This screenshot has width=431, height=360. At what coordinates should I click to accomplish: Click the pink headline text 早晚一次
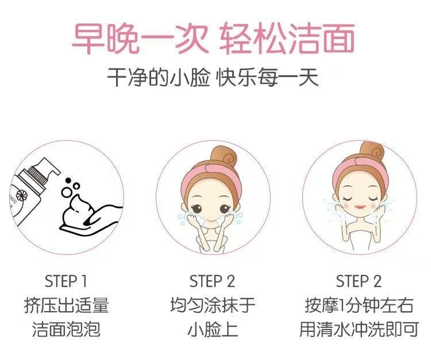[x=135, y=38]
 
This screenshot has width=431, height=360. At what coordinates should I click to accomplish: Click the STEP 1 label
[x=66, y=281]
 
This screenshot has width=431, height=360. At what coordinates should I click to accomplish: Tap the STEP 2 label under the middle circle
[x=213, y=281]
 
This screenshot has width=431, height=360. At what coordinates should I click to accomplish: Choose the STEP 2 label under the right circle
[x=359, y=281]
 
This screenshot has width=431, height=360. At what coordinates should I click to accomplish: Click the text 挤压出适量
[x=66, y=305]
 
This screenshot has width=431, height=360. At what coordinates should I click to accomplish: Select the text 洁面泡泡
[x=66, y=330]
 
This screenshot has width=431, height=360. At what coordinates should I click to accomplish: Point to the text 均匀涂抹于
[x=213, y=305]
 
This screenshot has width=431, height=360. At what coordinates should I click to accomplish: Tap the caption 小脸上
[x=213, y=330]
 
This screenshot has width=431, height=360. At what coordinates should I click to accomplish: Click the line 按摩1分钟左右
[x=359, y=305]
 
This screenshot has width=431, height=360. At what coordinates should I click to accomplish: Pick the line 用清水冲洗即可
[x=359, y=330]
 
